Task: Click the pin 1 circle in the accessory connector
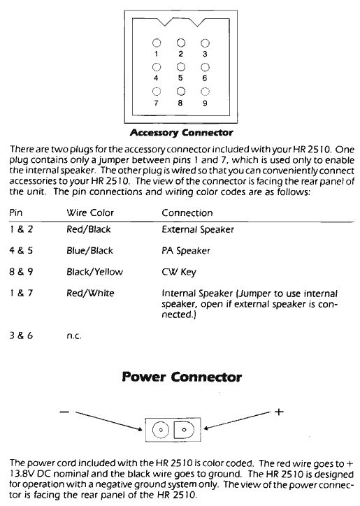[x=158, y=43]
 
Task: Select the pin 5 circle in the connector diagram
[x=181, y=67]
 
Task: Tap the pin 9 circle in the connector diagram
[x=205, y=91]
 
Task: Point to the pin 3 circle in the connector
[x=205, y=43]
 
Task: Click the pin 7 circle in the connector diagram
[x=158, y=91]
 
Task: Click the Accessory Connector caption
[x=181, y=132]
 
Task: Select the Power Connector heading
[x=182, y=377]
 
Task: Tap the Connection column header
[x=187, y=212]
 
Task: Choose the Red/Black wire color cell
[x=88, y=229]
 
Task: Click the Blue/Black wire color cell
[x=89, y=250]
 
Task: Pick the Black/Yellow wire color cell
[x=92, y=272]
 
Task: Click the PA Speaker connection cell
[x=186, y=250]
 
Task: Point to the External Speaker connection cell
[x=198, y=229]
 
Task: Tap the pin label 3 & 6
[x=20, y=336]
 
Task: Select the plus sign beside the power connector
[x=278, y=412]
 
